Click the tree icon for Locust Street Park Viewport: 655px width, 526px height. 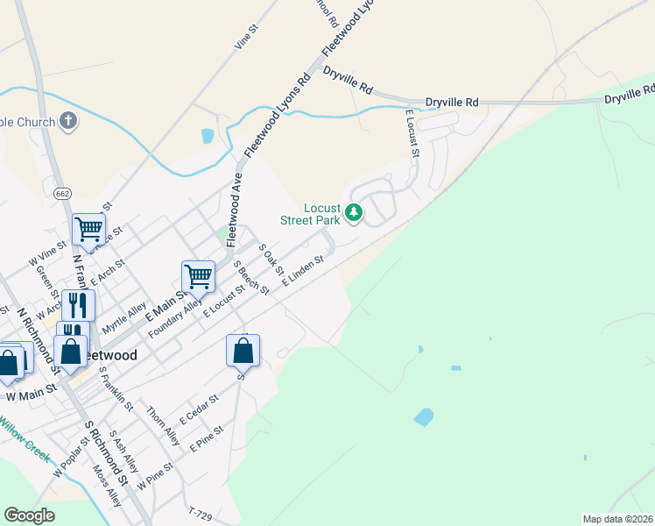354,212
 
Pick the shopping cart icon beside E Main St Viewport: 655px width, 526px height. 198,276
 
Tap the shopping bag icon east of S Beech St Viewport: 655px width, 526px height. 243,350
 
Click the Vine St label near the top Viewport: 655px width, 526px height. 247,36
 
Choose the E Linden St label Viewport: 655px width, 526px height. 303,272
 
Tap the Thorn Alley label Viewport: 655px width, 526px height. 164,425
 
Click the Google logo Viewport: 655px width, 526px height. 29,515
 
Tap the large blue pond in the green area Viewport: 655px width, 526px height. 424,416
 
